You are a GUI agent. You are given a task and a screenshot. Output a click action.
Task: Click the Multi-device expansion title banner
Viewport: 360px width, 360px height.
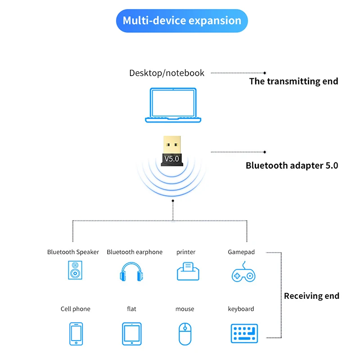182,21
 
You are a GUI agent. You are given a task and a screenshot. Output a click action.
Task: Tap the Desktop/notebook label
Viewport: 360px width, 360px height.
166,73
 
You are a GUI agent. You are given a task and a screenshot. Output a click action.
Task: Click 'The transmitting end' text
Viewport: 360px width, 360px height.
293,81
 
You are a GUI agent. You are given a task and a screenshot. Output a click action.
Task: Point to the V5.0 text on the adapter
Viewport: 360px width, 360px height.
171,158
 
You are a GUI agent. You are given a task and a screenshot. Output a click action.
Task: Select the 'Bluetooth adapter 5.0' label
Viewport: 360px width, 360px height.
292,166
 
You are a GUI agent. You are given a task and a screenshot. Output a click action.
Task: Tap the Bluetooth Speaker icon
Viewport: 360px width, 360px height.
75,271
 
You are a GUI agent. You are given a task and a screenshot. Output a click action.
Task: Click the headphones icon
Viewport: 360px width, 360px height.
131,272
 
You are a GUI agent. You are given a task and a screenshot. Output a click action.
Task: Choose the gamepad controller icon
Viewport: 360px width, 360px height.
243,272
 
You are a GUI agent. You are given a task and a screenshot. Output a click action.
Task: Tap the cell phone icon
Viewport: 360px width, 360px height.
76,333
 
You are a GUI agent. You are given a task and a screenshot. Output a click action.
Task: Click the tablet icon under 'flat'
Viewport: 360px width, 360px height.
132,333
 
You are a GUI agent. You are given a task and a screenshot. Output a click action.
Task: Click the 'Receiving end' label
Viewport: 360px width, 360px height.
311,296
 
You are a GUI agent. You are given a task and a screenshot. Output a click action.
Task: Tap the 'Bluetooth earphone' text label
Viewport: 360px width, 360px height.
135,252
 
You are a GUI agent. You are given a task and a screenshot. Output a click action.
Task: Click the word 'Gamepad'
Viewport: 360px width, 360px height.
241,252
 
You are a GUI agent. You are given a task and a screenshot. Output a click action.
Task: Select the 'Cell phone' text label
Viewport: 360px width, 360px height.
75,309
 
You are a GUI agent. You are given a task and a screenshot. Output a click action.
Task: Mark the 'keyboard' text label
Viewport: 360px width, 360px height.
241,309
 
